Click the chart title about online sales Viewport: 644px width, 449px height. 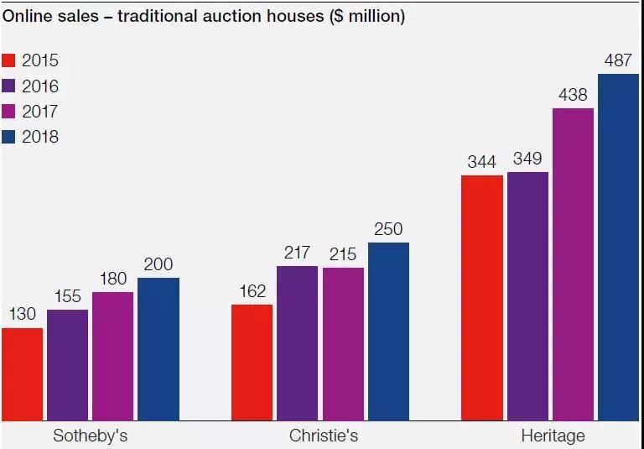[x=204, y=16]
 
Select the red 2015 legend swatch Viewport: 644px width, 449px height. [x=8, y=60]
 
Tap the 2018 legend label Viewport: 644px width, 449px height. [x=40, y=137]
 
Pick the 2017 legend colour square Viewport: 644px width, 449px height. [x=8, y=112]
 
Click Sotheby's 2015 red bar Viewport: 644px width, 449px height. [x=22, y=374]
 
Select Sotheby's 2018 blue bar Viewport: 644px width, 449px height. [x=158, y=349]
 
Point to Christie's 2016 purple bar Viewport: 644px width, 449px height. [x=298, y=343]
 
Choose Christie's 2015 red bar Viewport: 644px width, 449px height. [x=252, y=363]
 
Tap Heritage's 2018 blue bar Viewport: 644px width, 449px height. [x=619, y=247]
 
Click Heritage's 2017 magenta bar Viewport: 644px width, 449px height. [x=573, y=264]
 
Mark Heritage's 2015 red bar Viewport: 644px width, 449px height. [x=482, y=298]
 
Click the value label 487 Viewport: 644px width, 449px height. [x=618, y=60]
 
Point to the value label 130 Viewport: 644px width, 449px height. [x=23, y=314]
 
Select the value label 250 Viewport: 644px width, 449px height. [x=388, y=229]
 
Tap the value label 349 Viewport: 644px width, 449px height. [x=527, y=159]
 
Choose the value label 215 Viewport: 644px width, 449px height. [x=343, y=254]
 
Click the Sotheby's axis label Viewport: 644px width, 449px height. [x=91, y=436]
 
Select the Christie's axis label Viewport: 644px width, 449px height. [x=324, y=436]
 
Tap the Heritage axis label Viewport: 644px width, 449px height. [x=553, y=436]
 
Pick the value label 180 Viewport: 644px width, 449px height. [x=113, y=279]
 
